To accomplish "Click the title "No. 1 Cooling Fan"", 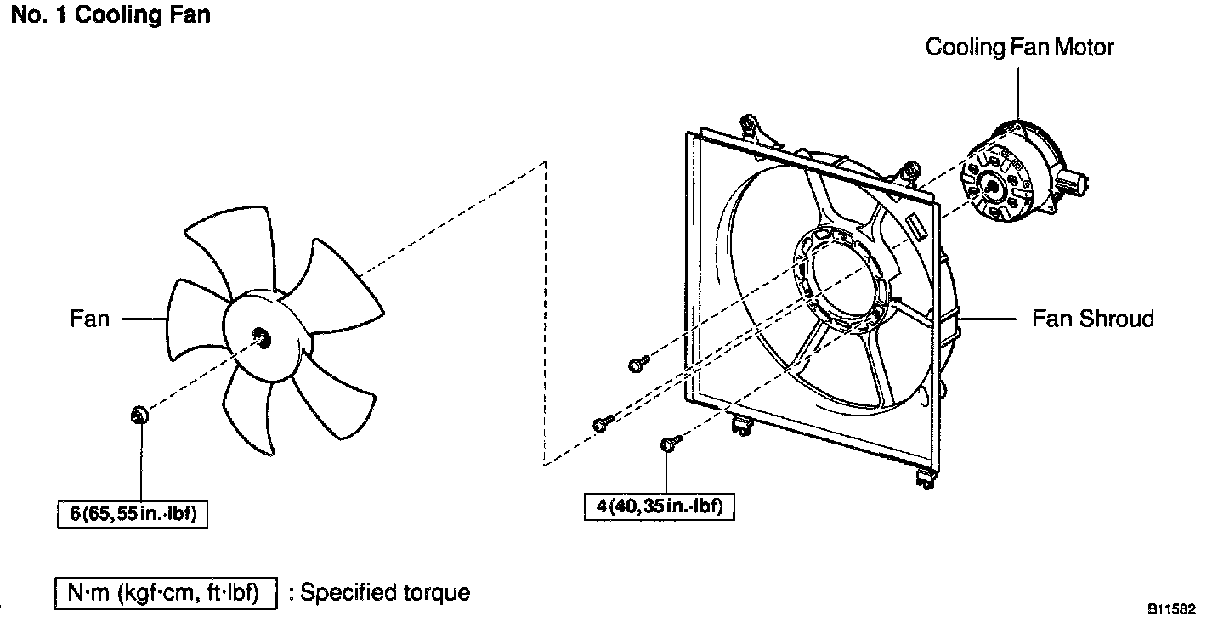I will [110, 15].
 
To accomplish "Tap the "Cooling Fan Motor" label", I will [1019, 47].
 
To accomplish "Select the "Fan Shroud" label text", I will [1093, 319].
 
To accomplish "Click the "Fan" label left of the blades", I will [90, 319].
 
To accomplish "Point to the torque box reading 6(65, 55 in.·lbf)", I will [133, 513].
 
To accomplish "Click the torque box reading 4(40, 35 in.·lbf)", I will [660, 506].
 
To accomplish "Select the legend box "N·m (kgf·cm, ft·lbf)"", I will [166, 592].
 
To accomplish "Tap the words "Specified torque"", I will [385, 592].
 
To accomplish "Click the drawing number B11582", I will [1172, 608].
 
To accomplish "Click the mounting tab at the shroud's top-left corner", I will [751, 127].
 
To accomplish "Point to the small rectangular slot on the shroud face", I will [917, 229].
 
